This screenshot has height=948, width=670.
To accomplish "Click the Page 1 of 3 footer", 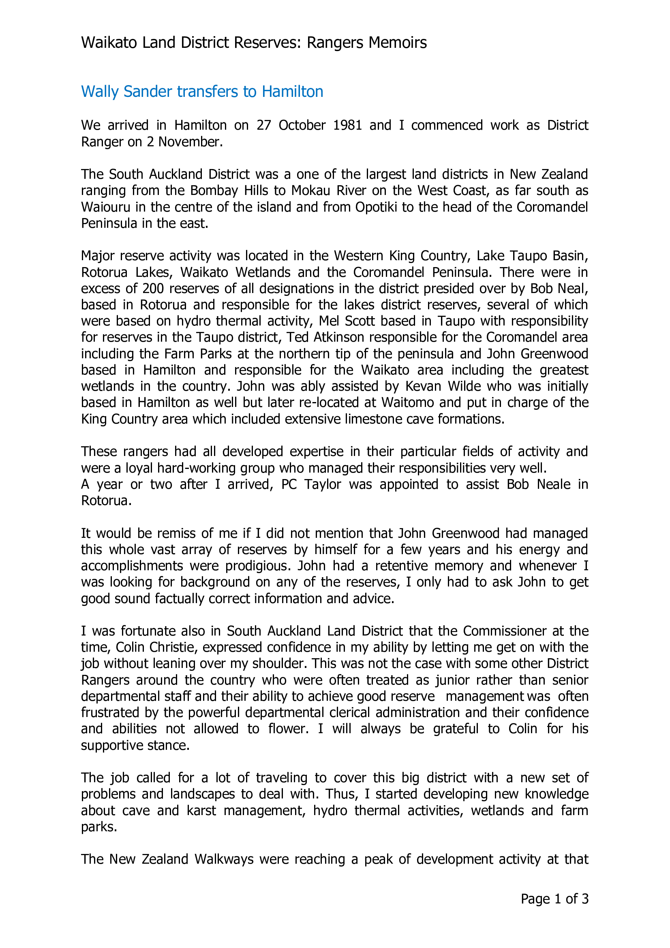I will pos(554,899).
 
